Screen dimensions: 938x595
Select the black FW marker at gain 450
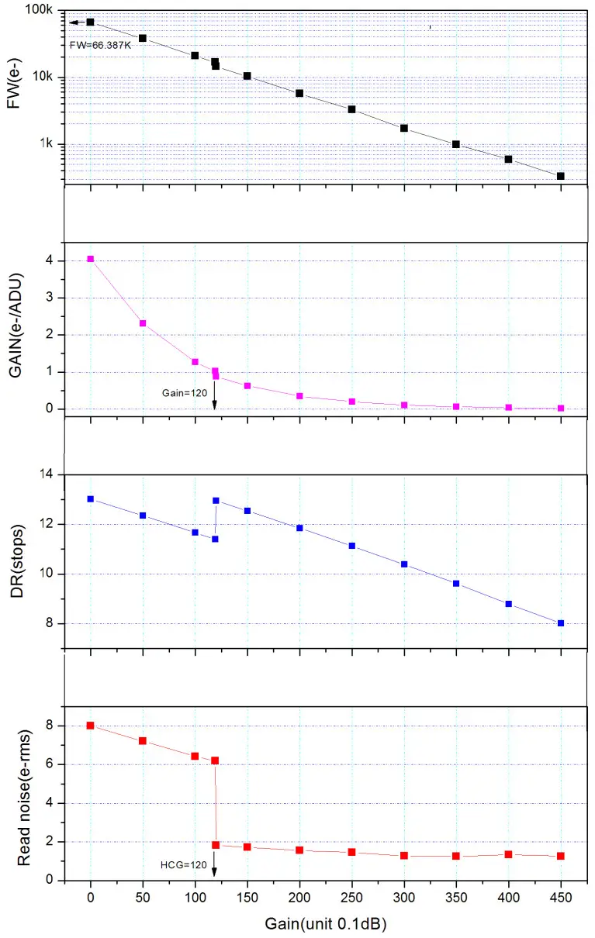[x=560, y=176]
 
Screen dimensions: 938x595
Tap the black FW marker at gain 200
[x=299, y=93]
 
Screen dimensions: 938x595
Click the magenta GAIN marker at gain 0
[x=91, y=259]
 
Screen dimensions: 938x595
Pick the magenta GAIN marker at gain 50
[x=143, y=323]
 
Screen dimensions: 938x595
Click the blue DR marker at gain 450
[x=560, y=623]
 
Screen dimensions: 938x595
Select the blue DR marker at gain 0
[x=91, y=499]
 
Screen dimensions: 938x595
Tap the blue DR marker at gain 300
[x=404, y=564]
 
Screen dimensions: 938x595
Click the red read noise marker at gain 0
[x=91, y=726]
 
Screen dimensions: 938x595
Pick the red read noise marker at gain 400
[x=508, y=854]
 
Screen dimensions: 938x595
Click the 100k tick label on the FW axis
[x=39, y=12]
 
